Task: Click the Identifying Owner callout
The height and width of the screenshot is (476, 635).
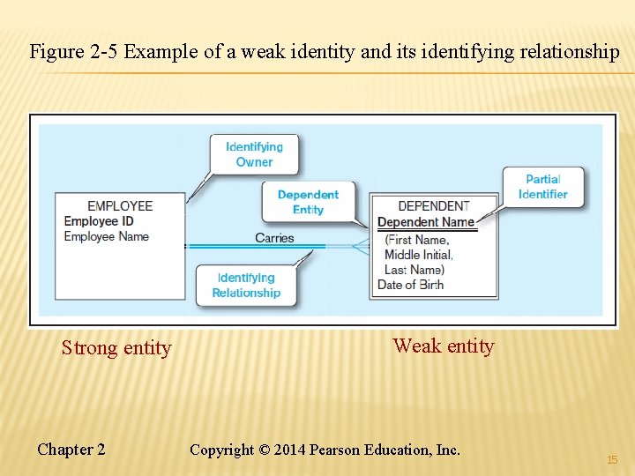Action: tap(254, 154)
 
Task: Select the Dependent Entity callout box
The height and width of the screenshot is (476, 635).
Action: tap(308, 202)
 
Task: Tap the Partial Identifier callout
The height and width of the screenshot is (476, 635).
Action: tap(542, 187)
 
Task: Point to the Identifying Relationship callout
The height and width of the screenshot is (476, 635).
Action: tap(246, 286)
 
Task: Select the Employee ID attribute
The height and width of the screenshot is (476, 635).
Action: tap(99, 221)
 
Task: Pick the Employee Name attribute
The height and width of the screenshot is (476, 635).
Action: tap(107, 236)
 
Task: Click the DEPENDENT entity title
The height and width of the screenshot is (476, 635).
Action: tap(433, 206)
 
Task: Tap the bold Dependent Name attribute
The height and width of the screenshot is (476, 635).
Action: tap(426, 222)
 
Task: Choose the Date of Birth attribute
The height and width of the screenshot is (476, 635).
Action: tap(410, 285)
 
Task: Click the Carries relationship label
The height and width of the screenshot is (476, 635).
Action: tap(274, 238)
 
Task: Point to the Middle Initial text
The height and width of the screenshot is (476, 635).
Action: tap(419, 255)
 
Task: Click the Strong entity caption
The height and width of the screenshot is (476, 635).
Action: tap(116, 348)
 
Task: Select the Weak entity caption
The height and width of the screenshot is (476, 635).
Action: tap(444, 346)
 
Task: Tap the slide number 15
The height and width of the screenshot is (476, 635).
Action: tap(612, 460)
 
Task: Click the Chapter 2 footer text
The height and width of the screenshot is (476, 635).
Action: tap(71, 450)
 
